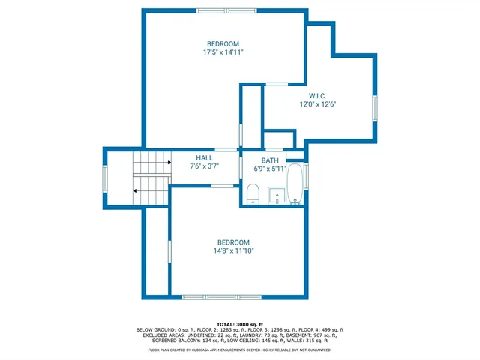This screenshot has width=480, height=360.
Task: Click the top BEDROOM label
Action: coord(223,43)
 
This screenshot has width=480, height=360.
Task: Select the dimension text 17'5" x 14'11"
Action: coord(223,52)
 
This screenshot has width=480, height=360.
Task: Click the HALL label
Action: coord(204,158)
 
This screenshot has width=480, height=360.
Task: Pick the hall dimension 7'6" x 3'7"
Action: coord(204,166)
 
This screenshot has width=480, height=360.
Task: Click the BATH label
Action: coord(270,160)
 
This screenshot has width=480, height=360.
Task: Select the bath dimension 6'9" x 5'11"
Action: coord(270,169)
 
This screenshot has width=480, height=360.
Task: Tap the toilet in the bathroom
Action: coord(252,195)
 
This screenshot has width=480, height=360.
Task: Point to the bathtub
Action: coord(295,183)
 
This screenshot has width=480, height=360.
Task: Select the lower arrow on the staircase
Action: coord(136,191)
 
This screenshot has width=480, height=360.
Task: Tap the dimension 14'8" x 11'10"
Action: coord(233,251)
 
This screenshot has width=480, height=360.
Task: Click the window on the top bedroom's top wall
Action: coord(224,10)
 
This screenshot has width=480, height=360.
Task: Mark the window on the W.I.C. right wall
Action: coord(376,109)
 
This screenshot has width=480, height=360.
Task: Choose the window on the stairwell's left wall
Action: coord(105,178)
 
